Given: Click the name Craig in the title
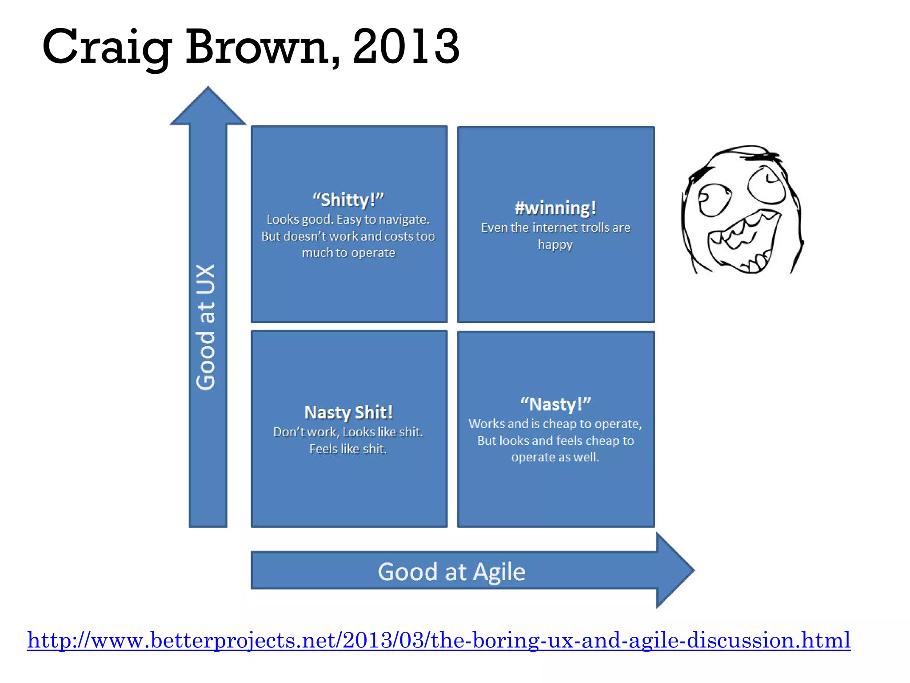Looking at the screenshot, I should point(107,47).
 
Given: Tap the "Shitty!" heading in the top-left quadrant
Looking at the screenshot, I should point(348,200).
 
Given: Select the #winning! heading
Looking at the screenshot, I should point(555,208).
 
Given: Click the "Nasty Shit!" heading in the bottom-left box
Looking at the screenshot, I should point(348,413).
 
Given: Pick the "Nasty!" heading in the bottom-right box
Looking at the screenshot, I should point(555,405).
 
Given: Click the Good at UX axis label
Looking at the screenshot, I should point(206,327).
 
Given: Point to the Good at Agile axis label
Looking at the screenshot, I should point(451,572).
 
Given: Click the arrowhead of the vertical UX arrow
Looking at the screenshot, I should point(208,107).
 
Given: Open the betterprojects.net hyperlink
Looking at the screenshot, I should point(439,640).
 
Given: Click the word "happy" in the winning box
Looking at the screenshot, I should point(555,245).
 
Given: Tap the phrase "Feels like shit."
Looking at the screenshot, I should point(348,449).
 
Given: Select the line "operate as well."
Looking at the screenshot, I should point(555,458).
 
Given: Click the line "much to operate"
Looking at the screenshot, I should point(348,253).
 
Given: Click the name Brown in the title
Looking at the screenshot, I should point(262,47).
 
